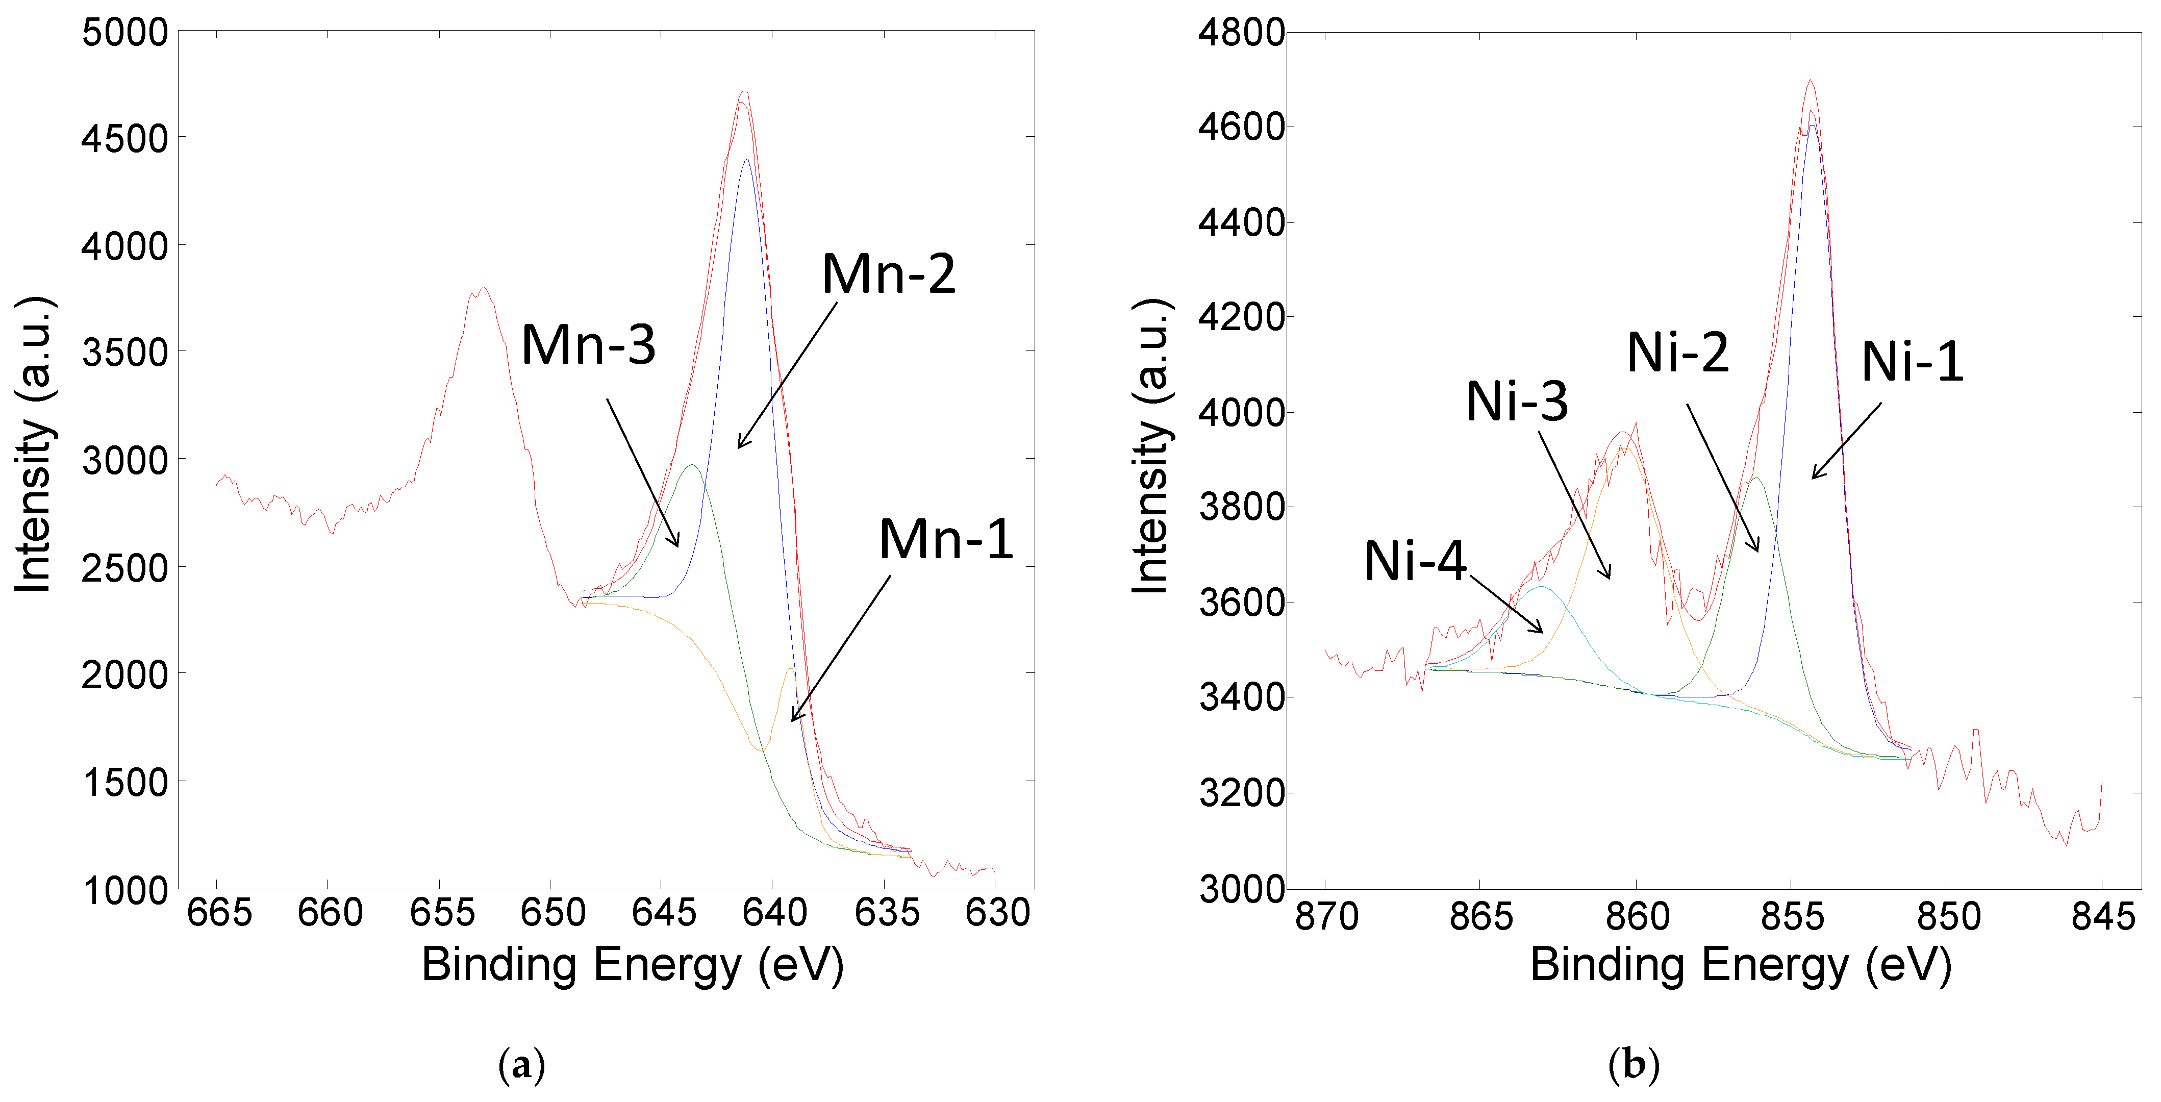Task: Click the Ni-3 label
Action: click(x=1517, y=401)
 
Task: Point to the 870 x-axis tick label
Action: click(x=1326, y=917)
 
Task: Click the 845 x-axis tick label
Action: click(x=2102, y=917)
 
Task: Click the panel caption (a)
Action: click(x=521, y=1065)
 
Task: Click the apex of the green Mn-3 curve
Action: click(x=692, y=465)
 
